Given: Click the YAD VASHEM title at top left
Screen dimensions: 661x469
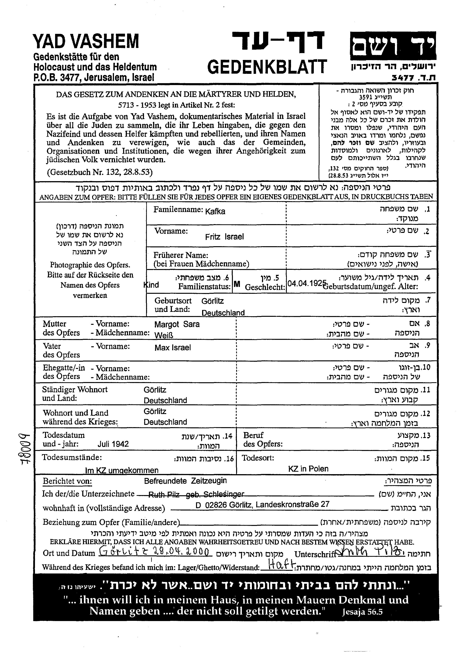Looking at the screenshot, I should pyautogui.click(x=86, y=41).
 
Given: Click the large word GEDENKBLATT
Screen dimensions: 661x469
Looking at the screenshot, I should pyautogui.click(x=267, y=67).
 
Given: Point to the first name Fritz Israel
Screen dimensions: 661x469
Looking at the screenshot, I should pyautogui.click(x=224, y=237).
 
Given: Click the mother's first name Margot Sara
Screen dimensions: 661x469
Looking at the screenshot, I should pyautogui.click(x=177, y=324).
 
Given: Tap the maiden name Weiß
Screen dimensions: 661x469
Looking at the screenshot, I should pyautogui.click(x=164, y=335).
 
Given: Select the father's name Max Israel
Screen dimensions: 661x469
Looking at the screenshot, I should pyautogui.click(x=173, y=347).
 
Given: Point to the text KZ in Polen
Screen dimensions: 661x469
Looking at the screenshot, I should pyautogui.click(x=308, y=469).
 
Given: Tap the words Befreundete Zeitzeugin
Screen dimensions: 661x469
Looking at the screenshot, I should pyautogui.click(x=185, y=481).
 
